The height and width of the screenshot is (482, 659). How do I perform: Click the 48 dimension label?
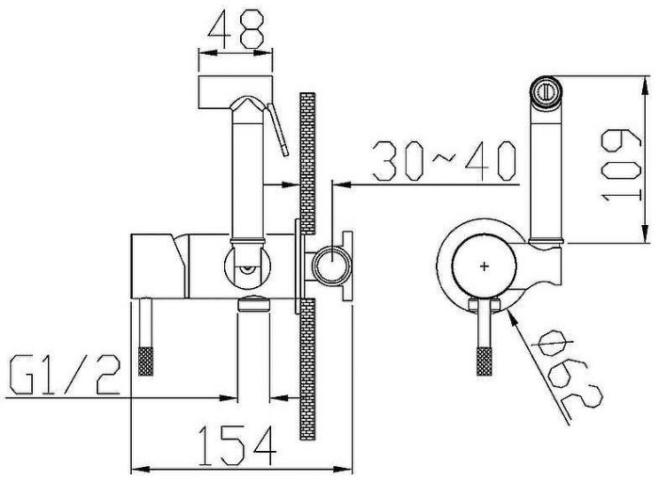pos(236,28)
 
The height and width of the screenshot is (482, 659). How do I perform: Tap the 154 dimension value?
pos(237,446)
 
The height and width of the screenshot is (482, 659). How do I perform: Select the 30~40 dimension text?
pos(443,161)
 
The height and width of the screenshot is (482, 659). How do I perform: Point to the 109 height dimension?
pos(621,165)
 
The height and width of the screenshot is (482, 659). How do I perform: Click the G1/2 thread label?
pos(64,376)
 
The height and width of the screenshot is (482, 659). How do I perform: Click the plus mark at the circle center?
pos(485,266)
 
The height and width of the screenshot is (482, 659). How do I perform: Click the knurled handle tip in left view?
pos(146,361)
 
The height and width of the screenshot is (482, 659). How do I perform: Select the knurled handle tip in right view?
pos(484,361)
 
